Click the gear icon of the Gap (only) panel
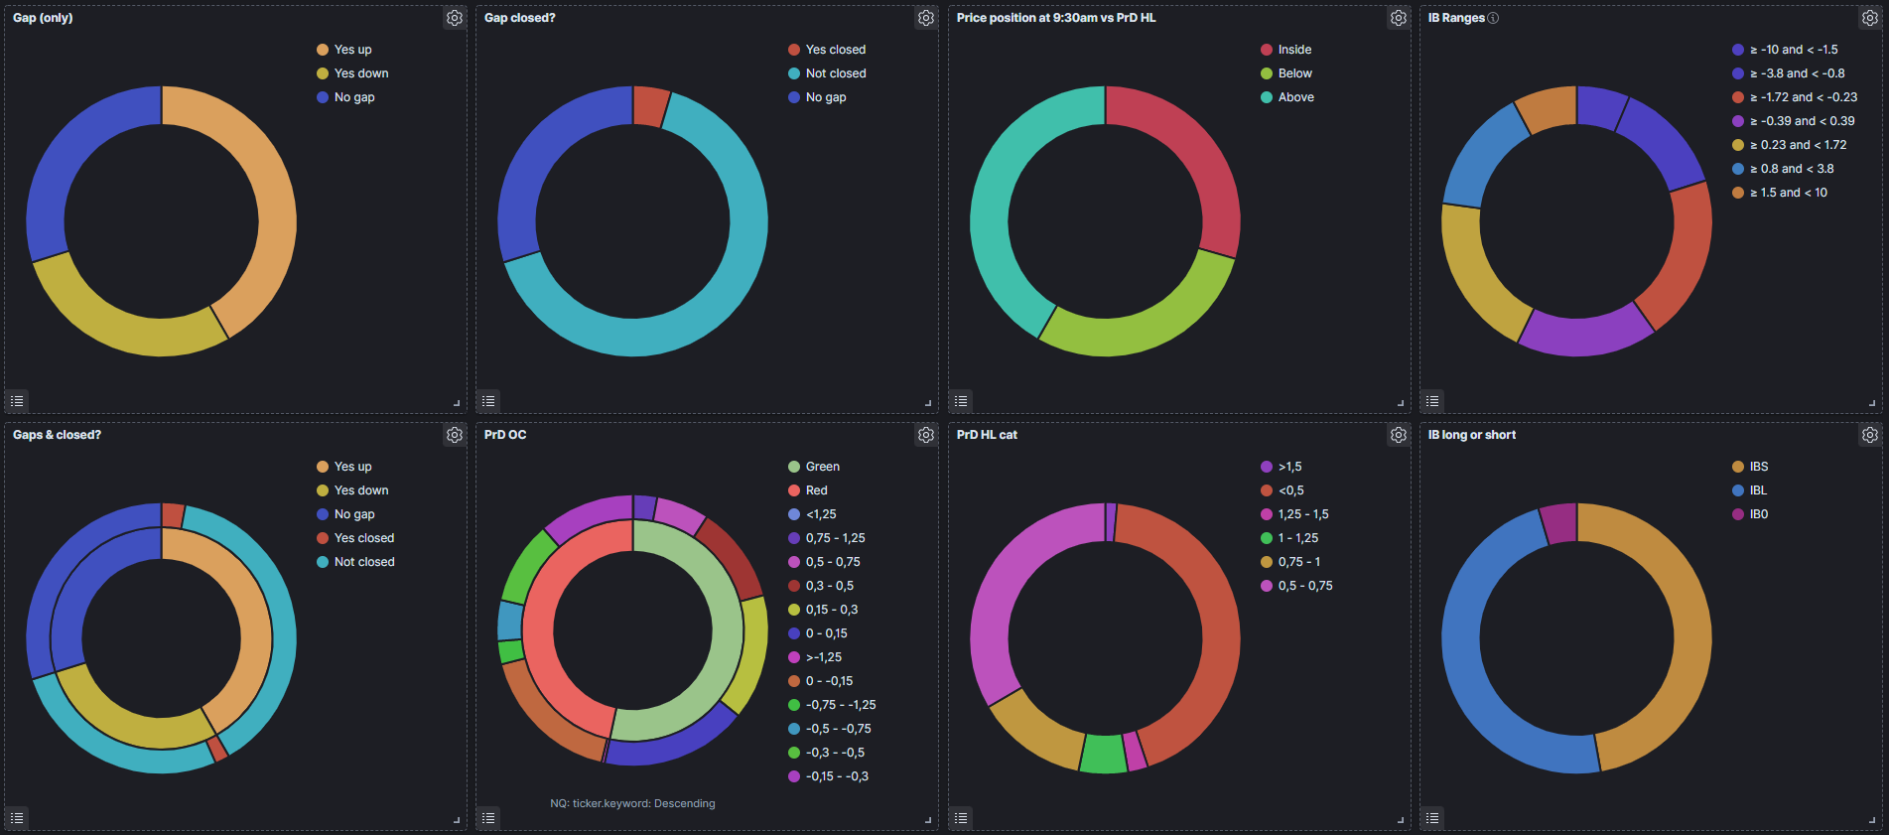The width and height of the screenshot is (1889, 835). (x=455, y=18)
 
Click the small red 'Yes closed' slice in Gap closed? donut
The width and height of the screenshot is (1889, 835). (x=650, y=106)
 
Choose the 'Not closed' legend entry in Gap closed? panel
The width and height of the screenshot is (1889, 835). (x=827, y=73)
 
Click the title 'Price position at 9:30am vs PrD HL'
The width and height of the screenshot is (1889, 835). (x=1056, y=18)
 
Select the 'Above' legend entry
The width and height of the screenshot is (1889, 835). (x=1287, y=97)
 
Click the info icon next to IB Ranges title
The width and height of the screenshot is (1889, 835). (x=1494, y=18)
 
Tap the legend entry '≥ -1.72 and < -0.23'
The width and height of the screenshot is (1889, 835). (x=1795, y=97)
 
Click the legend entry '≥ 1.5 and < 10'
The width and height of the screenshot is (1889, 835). (x=1780, y=193)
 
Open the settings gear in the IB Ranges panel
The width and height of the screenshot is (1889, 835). (x=1870, y=18)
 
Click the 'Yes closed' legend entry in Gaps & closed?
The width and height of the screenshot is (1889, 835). (x=355, y=538)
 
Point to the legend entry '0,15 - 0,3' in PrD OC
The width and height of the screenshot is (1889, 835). (x=823, y=610)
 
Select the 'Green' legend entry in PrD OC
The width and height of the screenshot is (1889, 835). (x=814, y=467)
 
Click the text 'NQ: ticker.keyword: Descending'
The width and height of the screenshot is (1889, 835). (x=632, y=803)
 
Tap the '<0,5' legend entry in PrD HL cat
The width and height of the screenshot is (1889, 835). (x=1282, y=490)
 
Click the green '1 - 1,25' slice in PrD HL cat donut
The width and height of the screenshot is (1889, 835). (x=1103, y=754)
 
